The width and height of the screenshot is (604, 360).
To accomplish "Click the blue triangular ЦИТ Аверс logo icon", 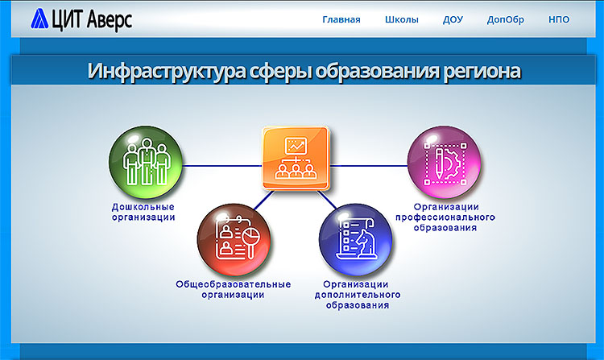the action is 39,19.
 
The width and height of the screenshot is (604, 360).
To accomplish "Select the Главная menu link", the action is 341,19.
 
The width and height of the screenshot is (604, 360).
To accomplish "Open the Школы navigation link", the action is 401,19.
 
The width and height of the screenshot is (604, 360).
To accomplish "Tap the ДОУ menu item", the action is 453,19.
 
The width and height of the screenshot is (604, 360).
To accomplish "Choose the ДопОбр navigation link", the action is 506,20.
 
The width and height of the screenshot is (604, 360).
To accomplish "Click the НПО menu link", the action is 559,19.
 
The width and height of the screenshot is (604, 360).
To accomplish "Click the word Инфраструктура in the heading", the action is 166,71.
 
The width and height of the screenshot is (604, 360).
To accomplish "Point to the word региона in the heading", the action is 482,72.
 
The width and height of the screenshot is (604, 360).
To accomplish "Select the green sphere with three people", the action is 145,163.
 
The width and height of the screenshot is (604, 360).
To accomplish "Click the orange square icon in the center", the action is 296,158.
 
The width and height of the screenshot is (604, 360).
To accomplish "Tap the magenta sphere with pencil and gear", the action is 444,163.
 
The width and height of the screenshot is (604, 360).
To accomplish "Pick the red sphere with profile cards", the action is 234,240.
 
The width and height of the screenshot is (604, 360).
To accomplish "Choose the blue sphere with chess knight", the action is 355,240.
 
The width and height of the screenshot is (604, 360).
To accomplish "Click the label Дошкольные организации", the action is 143,212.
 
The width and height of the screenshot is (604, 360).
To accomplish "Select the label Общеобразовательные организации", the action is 233,290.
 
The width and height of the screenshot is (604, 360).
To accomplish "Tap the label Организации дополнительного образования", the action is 358,295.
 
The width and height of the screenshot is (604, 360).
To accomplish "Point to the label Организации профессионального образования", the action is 445,217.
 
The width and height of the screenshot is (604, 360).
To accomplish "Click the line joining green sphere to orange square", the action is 222,166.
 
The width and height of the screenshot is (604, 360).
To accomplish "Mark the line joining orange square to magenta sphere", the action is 369,166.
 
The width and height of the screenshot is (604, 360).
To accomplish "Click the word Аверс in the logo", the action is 110,20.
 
